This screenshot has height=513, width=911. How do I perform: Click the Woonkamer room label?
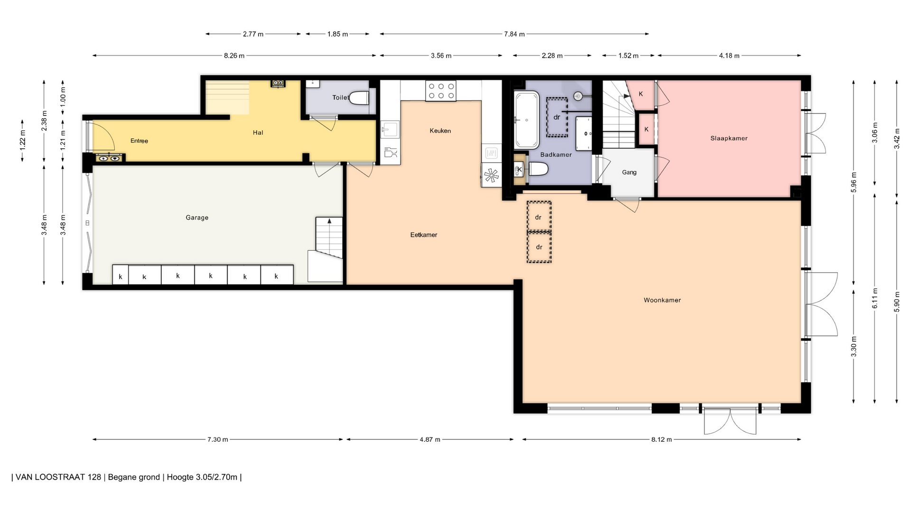click(662, 300)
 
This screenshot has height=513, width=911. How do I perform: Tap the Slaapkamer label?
click(729, 139)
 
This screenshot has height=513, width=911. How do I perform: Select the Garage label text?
click(197, 218)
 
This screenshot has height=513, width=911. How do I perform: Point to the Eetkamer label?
click(424, 235)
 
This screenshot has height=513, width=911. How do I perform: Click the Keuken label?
click(440, 131)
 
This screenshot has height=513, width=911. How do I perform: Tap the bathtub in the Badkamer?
click(527, 120)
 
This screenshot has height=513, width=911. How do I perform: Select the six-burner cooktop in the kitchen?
click(441, 91)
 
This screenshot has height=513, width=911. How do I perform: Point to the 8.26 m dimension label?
click(234, 56)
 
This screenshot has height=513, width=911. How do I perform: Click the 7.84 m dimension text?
click(514, 34)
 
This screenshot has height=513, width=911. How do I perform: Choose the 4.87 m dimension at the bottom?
click(430, 439)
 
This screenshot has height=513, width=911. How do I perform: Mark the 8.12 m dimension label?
click(661, 439)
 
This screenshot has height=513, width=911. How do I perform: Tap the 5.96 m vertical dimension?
click(854, 182)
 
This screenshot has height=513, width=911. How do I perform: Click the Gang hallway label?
click(629, 172)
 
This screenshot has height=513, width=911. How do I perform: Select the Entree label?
click(139, 141)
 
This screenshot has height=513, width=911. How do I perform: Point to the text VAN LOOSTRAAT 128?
click(58, 477)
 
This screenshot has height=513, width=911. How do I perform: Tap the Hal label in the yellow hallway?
click(258, 133)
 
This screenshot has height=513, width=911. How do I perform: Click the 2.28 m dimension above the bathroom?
click(552, 56)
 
